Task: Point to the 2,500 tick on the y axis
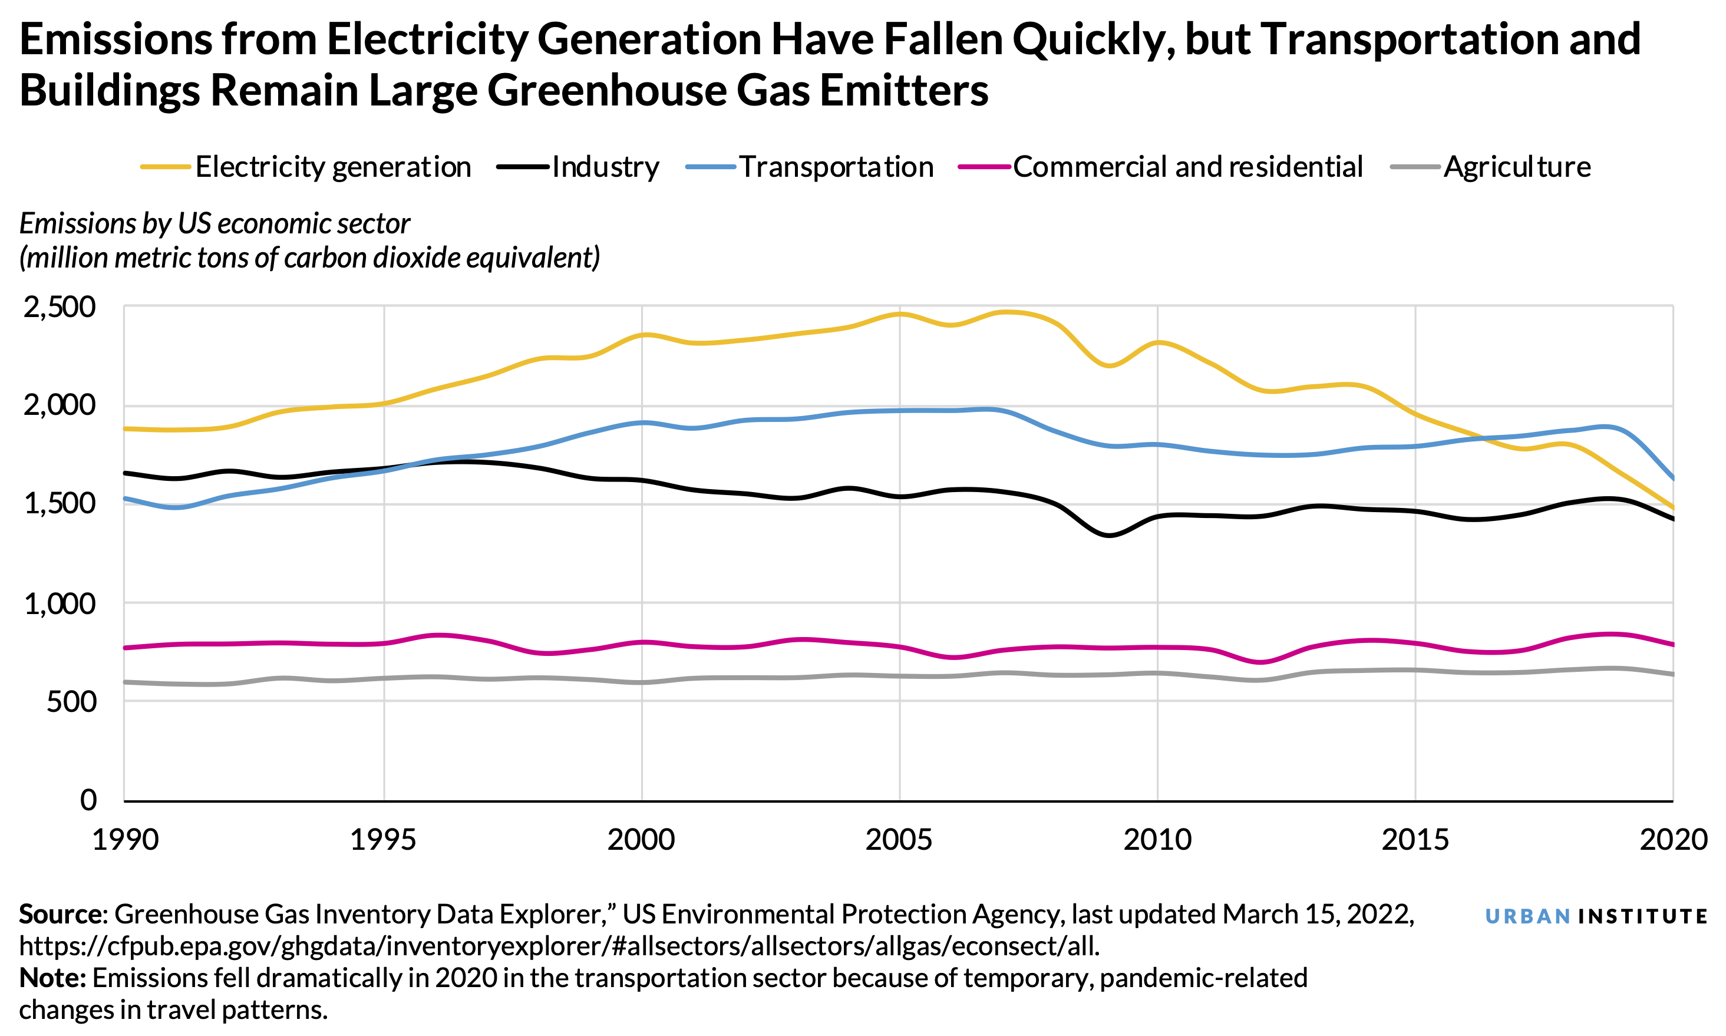tap(60, 306)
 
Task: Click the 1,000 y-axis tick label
tap(60, 603)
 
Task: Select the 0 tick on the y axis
tap(88, 800)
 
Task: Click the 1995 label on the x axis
tap(383, 839)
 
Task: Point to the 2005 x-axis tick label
tap(898, 839)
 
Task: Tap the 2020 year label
tap(1672, 839)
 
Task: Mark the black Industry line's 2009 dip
tap(1108, 536)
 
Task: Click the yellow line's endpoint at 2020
tap(1672, 507)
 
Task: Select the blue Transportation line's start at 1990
tap(126, 499)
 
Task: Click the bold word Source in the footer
tap(60, 915)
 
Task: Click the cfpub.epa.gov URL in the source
tap(559, 946)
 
